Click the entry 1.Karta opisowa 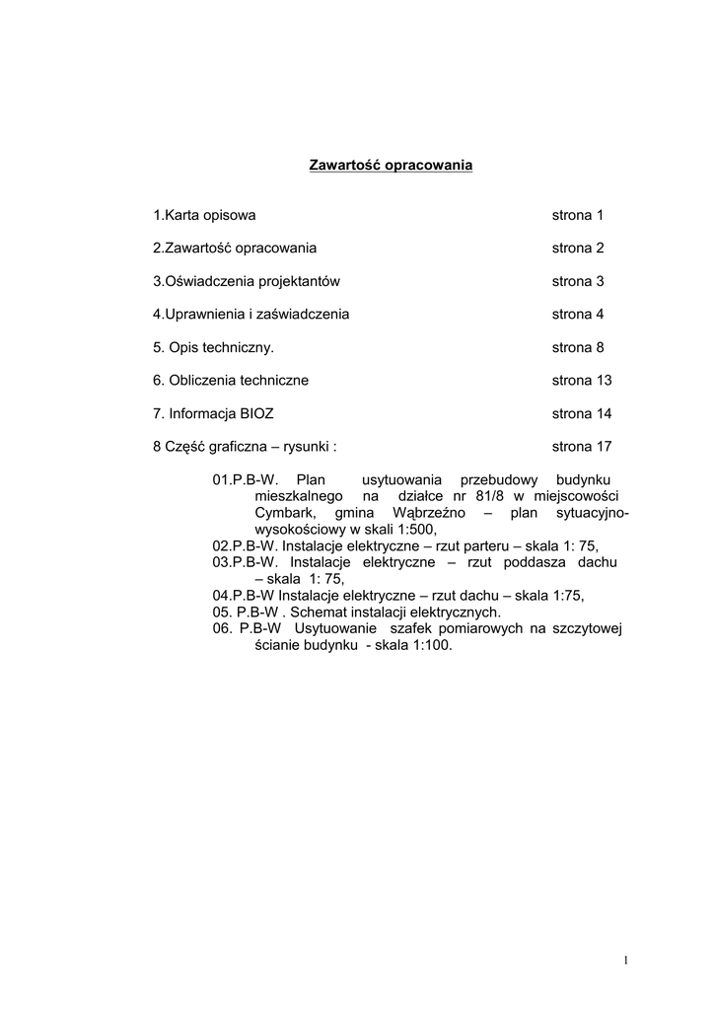204,215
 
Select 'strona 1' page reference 577,215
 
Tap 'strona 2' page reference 577,248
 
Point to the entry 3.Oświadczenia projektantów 246,281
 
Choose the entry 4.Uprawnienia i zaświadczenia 250,314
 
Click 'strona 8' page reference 577,347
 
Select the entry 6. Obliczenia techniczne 231,380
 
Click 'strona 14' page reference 582,413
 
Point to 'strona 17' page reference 582,446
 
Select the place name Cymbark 284,513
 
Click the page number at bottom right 626,961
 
